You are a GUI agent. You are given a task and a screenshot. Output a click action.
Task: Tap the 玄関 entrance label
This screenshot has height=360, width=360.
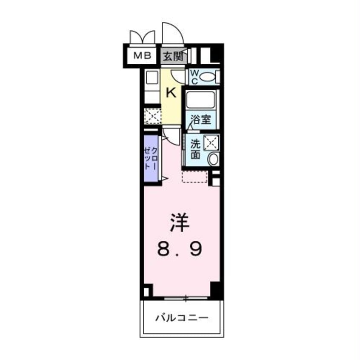174,56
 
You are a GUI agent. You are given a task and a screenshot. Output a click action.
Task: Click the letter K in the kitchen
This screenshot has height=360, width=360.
171,93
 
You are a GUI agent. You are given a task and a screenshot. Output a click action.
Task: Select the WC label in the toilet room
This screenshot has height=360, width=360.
193,77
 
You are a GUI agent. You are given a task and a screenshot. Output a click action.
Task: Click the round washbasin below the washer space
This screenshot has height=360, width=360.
213,159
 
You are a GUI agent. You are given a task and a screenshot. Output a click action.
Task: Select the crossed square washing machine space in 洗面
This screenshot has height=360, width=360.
211,142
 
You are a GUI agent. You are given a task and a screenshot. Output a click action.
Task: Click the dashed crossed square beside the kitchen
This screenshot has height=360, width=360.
151,117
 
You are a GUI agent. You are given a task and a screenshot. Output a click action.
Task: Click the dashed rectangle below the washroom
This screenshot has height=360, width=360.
195,176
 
